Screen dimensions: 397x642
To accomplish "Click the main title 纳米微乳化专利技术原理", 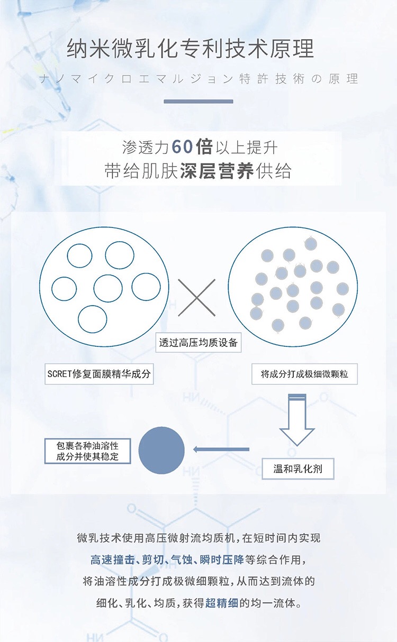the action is (191, 49).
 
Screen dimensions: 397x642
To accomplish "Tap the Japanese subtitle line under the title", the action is (198, 79).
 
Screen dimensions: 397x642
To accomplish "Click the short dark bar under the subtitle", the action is (198, 101).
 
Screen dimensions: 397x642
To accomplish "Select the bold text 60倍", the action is (192, 146).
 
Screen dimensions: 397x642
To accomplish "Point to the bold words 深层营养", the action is (216, 172).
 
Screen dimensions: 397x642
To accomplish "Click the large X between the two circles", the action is (196, 298).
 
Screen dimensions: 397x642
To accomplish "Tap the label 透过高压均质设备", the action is (198, 343).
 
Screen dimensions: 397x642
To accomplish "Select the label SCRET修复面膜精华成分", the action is (100, 374).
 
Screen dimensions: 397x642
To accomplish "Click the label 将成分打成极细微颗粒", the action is (304, 374).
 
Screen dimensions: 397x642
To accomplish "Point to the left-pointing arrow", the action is (221, 450).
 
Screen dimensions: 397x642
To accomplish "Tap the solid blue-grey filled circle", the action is (161, 450).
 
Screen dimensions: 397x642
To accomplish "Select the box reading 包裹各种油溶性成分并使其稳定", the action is (87, 451).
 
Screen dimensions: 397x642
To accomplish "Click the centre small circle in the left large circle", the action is (108, 288).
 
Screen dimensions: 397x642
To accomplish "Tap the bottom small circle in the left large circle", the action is (93, 319).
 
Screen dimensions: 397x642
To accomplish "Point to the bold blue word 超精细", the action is (222, 602).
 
